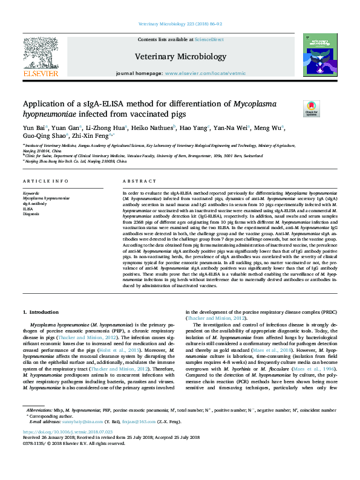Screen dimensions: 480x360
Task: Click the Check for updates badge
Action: click(x=311, y=108)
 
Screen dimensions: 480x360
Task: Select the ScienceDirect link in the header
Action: click(x=209, y=39)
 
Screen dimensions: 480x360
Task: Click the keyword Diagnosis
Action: click(x=31, y=213)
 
